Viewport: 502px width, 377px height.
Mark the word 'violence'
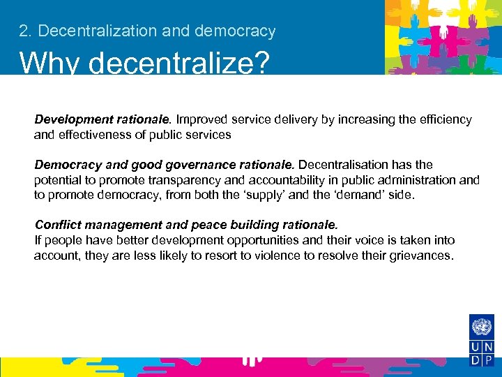pyautogui.click(x=280, y=256)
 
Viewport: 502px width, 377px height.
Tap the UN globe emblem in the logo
pyautogui.click(x=482, y=327)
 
